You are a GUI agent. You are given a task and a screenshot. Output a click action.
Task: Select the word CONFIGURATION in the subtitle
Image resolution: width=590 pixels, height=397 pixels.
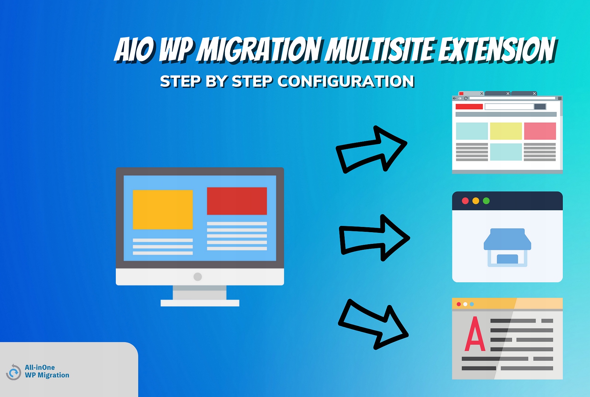coord(346,81)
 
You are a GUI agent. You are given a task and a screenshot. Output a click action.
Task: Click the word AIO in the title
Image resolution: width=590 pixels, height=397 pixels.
coord(134,50)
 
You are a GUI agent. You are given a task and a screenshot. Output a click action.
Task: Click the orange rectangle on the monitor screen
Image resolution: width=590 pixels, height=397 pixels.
coord(163,210)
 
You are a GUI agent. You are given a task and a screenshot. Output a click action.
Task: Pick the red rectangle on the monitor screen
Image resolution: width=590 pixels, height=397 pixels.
coord(237,201)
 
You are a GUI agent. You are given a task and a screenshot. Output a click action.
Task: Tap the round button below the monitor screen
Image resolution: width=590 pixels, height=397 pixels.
coord(197,277)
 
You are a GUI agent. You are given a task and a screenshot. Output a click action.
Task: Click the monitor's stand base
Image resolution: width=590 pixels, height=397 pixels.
coord(200,303)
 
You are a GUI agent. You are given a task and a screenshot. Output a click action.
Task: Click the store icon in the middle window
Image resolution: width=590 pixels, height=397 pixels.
coord(507,247)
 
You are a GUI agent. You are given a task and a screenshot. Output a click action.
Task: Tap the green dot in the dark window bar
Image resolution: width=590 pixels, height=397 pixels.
coord(486,201)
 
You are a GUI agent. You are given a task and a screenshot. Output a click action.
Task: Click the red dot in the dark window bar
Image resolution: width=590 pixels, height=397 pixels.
coord(465,201)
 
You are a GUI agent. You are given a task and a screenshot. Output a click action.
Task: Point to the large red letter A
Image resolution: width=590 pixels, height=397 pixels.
coord(475,334)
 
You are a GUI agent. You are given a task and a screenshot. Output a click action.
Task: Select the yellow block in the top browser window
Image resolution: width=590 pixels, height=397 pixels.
coord(506,131)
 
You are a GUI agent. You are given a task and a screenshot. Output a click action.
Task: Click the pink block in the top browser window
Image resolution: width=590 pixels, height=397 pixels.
coord(540,131)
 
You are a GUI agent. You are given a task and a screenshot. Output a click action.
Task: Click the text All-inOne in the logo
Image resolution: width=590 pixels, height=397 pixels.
coord(40,367)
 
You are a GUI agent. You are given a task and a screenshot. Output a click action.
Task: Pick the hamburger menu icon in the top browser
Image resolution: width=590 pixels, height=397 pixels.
coord(560,98)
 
